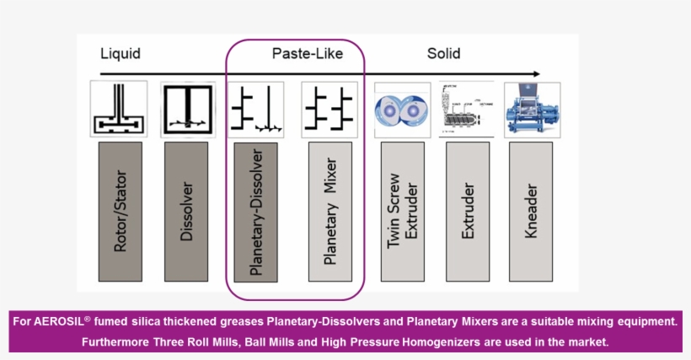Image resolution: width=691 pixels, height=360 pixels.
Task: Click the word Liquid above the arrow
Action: pyautogui.click(x=120, y=54)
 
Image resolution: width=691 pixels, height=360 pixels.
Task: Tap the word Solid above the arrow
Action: pyautogui.click(x=443, y=54)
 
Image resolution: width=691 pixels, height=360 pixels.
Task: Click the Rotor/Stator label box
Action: pyautogui.click(x=120, y=211)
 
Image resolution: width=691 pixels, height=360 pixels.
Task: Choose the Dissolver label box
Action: pyautogui.click(x=185, y=211)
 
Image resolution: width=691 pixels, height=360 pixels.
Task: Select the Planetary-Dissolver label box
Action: pyautogui.click(x=256, y=211)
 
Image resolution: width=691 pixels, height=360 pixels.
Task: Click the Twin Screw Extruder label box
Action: pyautogui.click(x=402, y=211)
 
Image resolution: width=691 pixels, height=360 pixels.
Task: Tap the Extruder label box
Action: pyautogui.click(x=468, y=211)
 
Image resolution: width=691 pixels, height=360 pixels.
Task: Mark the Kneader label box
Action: pyautogui.click(x=531, y=211)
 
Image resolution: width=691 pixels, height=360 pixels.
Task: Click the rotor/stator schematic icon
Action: pyautogui.click(x=120, y=109)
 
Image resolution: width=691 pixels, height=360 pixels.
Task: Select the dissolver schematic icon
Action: pyautogui.click(x=185, y=109)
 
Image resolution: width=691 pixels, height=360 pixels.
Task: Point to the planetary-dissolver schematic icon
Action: pyautogui.click(x=256, y=109)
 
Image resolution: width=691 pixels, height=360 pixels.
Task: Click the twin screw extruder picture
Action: pyautogui.click(x=402, y=109)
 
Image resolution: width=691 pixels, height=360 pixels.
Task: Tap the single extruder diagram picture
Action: pyautogui.click(x=468, y=109)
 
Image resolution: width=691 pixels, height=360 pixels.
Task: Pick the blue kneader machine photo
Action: pyautogui.click(x=531, y=109)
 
